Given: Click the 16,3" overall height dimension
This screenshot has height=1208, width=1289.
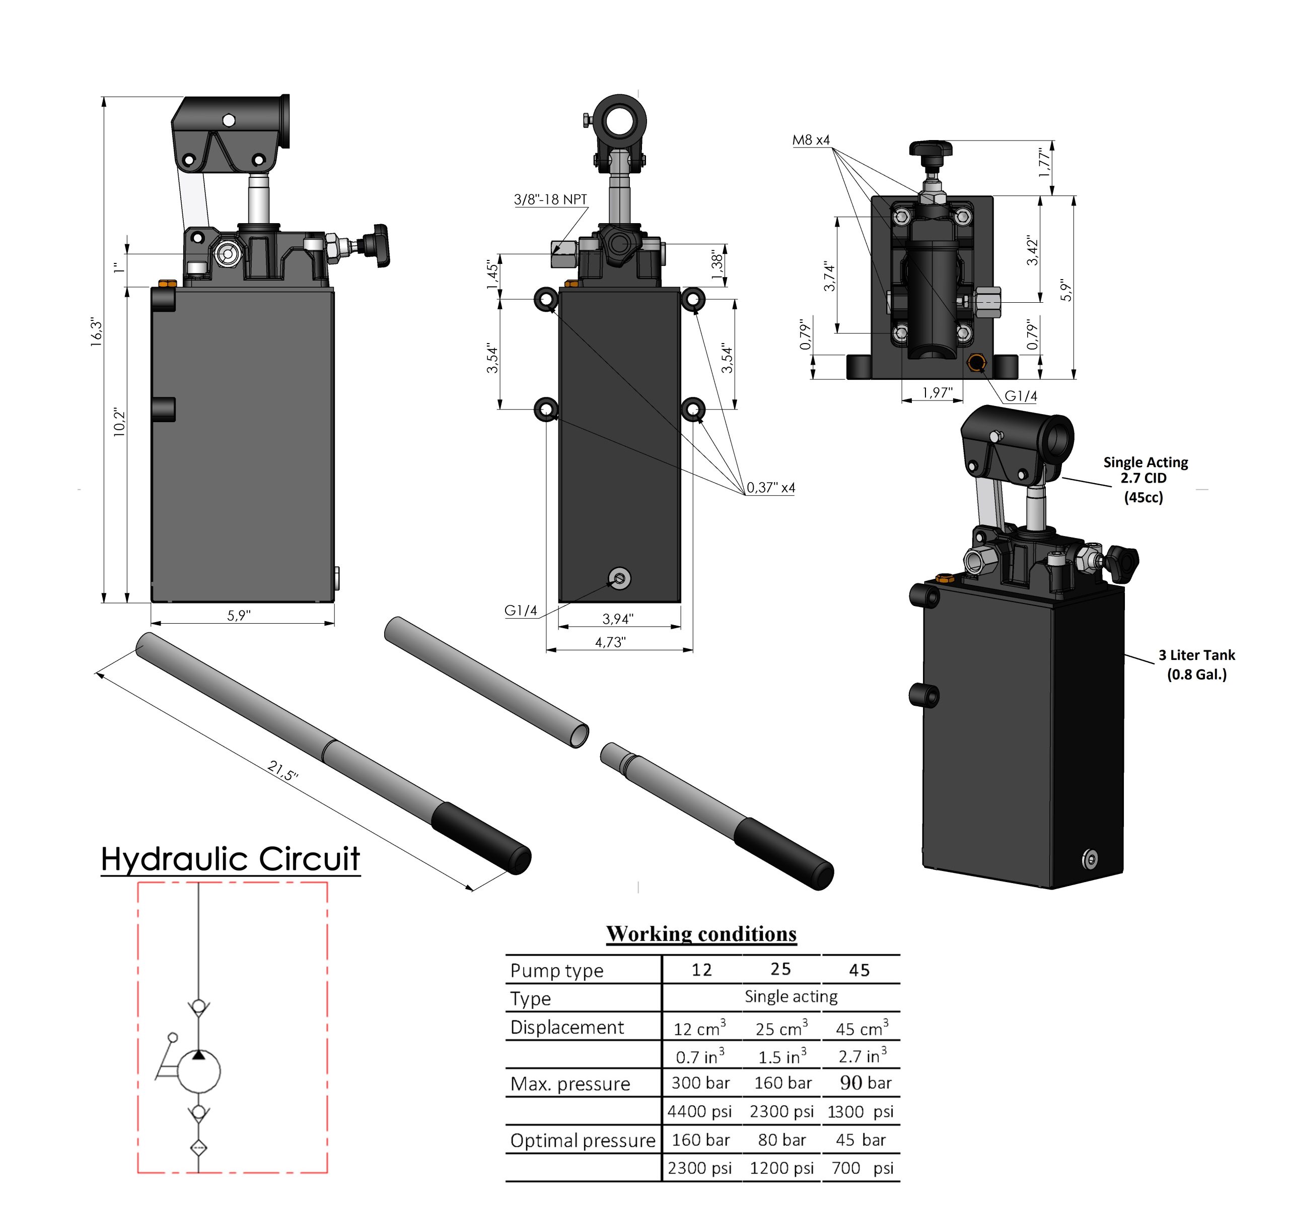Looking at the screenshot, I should (97, 332).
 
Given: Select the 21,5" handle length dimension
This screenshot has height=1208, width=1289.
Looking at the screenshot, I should (282, 771).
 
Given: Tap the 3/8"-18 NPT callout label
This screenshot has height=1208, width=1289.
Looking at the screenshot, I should (550, 199).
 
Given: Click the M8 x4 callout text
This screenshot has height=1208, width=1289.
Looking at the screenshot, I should (811, 140).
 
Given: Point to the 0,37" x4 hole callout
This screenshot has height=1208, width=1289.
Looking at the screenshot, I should (770, 487).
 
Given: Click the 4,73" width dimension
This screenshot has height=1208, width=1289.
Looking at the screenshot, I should (610, 642).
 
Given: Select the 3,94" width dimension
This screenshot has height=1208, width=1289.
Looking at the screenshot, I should (617, 619).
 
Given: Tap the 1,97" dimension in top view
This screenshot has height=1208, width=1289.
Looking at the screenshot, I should (937, 392).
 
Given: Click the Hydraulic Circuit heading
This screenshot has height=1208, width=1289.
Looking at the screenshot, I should (230, 859).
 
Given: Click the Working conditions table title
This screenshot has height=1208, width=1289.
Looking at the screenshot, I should (701, 933).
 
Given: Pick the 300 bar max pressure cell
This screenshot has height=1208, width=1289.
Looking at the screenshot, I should (700, 1083).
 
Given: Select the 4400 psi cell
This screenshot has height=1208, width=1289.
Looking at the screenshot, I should (699, 1111).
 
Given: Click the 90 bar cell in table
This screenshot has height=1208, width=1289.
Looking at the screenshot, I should (865, 1083).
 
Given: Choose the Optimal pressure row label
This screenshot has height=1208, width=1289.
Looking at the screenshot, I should (582, 1140).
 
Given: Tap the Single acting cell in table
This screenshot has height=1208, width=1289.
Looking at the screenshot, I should (791, 996).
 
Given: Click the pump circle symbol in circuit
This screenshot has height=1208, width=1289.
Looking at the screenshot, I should (198, 1071).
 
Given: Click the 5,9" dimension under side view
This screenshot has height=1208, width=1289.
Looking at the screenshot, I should (239, 616).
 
